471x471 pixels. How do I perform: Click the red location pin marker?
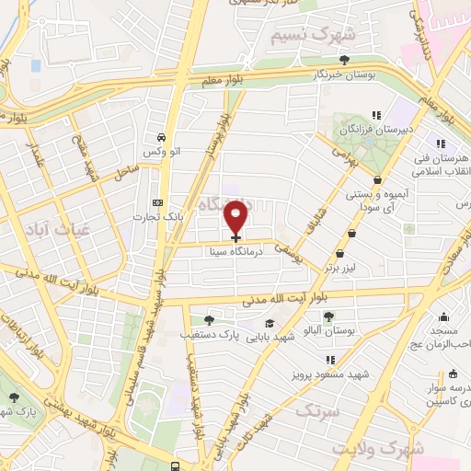coord(236,217)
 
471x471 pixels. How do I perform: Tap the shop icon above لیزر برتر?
coord(340,254)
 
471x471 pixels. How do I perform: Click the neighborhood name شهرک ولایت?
coord(378,449)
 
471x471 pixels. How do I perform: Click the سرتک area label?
coord(317,410)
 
